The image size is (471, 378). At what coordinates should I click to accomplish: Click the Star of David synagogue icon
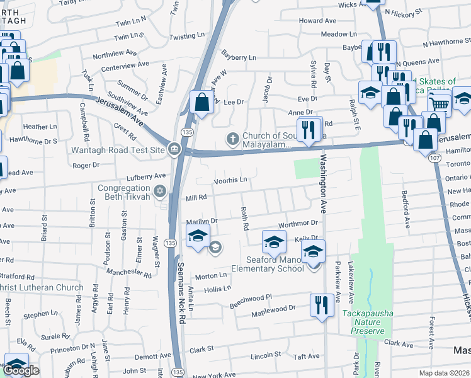click(x=162, y=190)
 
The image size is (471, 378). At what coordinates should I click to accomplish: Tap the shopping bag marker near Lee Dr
click(x=201, y=102)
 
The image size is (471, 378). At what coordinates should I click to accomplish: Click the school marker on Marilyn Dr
click(x=198, y=237)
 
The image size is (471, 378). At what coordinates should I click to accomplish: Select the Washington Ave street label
click(x=324, y=183)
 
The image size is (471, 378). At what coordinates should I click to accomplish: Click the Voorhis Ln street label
click(x=230, y=180)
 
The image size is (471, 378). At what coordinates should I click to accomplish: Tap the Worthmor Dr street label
click(x=298, y=224)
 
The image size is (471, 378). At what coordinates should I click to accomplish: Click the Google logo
click(x=21, y=371)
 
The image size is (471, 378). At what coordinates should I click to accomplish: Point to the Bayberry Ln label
click(x=239, y=57)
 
